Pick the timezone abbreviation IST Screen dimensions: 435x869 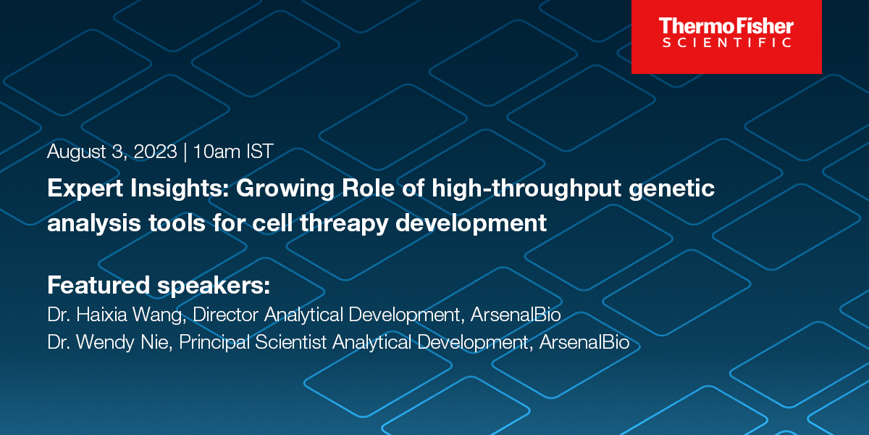pos(260,152)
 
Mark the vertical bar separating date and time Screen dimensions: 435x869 pos(185,152)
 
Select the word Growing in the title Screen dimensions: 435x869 pos(280,190)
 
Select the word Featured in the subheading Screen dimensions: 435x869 pos(99,285)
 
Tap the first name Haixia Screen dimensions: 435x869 pos(101,316)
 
